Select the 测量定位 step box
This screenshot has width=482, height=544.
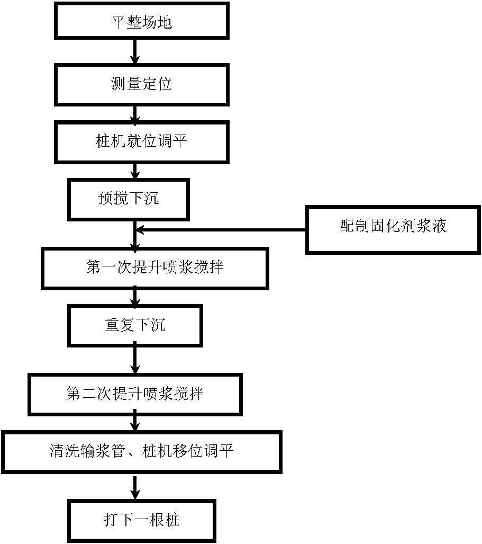point(141,84)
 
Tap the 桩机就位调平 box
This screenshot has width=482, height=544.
point(141,141)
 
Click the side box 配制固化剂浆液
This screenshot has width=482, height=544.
point(393,226)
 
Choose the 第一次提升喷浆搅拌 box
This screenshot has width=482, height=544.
point(154,267)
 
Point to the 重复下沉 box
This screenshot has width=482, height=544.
point(135,325)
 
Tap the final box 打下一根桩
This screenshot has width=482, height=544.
point(141,519)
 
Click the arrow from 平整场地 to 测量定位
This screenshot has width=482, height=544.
point(135,52)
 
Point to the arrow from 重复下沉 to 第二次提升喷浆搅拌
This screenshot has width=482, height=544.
point(135,359)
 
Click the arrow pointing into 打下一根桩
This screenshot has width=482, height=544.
point(135,487)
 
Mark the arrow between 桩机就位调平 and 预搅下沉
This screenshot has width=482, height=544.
point(135,170)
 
